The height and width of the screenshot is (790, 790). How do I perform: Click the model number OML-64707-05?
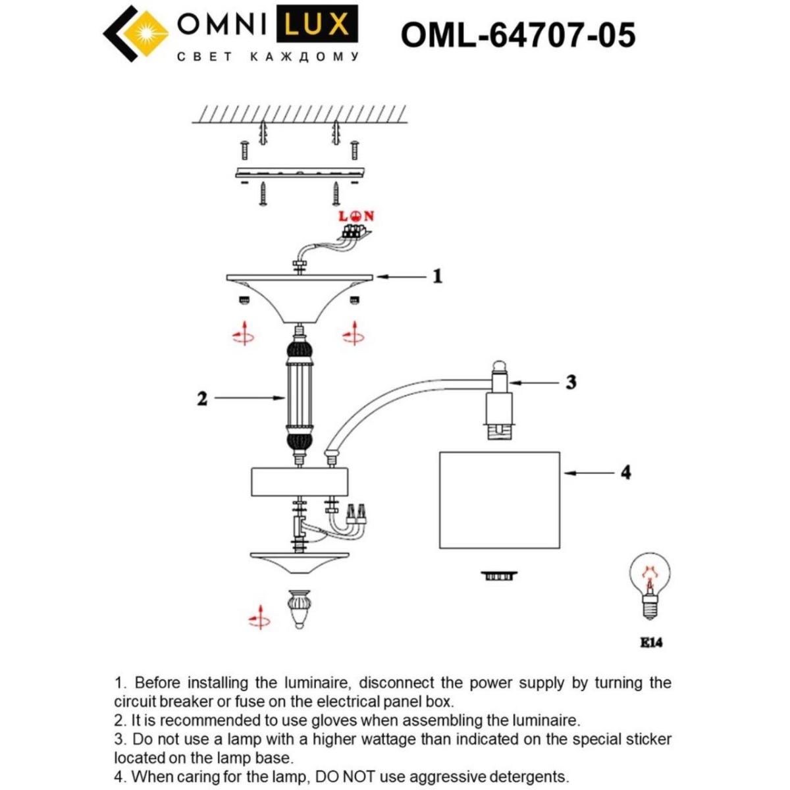click(518, 34)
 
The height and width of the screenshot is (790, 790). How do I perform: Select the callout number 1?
click(437, 276)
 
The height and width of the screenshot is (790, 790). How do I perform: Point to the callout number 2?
click(202, 398)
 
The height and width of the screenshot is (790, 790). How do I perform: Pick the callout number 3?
click(571, 382)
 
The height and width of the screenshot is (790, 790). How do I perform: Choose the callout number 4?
click(625, 472)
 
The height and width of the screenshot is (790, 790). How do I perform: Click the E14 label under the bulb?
click(651, 642)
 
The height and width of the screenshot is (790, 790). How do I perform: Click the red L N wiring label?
click(356, 216)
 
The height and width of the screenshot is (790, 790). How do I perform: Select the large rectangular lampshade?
click(499, 500)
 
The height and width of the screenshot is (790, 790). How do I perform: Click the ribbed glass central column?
click(300, 397)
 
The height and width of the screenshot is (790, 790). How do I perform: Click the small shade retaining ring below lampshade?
click(498, 576)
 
